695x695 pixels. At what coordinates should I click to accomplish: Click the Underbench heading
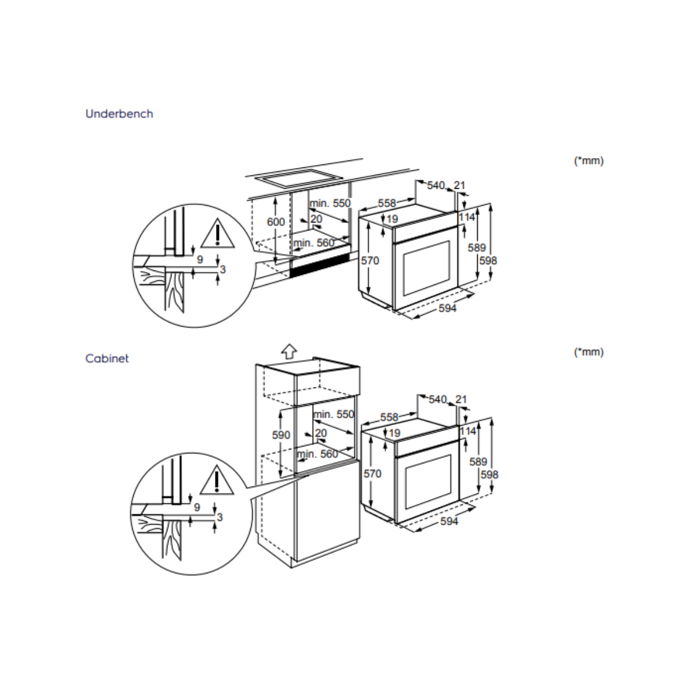coord(119,114)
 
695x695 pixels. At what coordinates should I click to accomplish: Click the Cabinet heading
coord(107,359)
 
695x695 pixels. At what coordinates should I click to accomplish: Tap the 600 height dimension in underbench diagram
coord(276,222)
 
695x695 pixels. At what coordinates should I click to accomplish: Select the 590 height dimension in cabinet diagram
coord(281,435)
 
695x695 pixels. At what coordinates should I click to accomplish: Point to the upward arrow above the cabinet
coord(288,350)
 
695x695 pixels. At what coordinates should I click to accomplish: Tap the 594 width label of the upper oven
coord(447,308)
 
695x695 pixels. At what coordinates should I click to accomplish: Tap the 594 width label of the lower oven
coord(449,521)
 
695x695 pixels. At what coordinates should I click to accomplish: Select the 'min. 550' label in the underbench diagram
coord(330,203)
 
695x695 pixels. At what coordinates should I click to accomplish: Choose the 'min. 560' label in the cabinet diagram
coord(317,454)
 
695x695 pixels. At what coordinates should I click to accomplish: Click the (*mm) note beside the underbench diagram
coord(588,161)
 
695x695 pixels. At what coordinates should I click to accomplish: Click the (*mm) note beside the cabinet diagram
coord(588,352)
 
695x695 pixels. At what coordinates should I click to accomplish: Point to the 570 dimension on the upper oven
coord(370,261)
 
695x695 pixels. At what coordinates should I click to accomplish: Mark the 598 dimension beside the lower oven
coord(489,474)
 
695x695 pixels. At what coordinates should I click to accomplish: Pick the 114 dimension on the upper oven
coord(466,217)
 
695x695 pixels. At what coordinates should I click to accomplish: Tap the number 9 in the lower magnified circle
coord(197,507)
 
